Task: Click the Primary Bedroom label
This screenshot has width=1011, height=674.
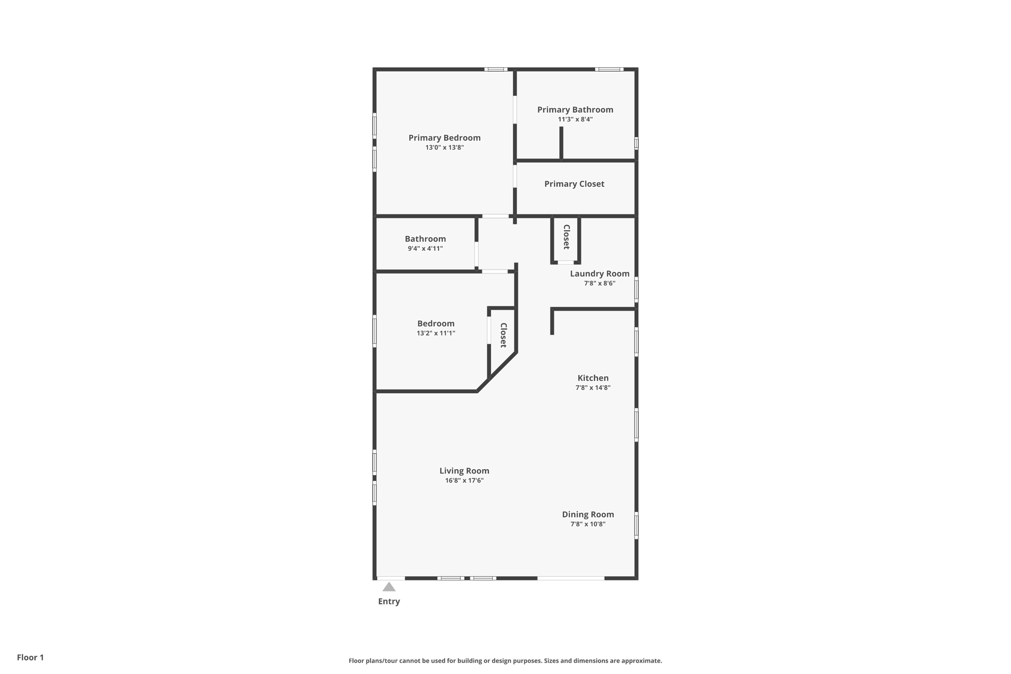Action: point(444,138)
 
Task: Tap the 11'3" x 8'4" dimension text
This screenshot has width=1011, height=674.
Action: point(575,119)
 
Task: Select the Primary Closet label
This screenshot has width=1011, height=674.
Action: point(574,184)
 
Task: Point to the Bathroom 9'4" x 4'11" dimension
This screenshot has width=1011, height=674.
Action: point(425,248)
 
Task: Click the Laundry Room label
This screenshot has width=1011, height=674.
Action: point(599,274)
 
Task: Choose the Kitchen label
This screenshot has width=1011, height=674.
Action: point(593,378)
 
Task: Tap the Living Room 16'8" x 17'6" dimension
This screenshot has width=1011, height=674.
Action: point(464,480)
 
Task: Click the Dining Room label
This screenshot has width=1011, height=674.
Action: point(587,514)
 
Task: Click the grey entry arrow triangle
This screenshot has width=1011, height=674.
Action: point(389,587)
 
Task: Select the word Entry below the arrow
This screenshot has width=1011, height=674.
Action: point(389,601)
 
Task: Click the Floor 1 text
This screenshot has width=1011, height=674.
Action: point(30,657)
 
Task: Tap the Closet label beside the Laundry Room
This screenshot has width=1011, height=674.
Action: point(566,237)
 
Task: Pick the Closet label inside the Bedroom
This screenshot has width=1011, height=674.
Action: point(503,335)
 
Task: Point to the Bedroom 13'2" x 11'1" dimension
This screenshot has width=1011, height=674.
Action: point(435,333)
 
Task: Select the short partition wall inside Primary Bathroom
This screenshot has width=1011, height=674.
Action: point(561,143)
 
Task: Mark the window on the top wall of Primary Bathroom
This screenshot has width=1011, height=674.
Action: point(609,70)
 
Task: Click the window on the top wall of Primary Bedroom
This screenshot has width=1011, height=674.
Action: point(496,70)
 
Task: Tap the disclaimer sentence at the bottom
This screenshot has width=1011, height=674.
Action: point(505,661)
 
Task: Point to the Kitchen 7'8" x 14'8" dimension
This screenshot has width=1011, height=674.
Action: point(592,388)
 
